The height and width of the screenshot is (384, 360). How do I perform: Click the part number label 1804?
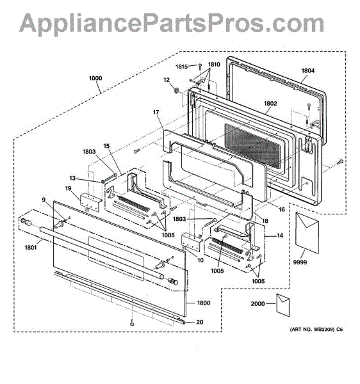[308, 70]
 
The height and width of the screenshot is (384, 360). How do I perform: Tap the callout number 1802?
[270, 103]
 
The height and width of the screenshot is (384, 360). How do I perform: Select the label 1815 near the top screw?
[181, 67]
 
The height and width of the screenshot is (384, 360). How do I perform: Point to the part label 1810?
[214, 65]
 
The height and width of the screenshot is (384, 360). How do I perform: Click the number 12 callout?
[167, 80]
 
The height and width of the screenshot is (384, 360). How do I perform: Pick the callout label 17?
[156, 112]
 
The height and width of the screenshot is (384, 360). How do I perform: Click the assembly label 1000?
[95, 78]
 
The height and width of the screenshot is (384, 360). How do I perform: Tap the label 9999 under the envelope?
[300, 262]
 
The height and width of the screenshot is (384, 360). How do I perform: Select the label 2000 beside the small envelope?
[258, 303]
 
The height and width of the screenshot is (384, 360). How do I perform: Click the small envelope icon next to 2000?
[283, 305]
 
